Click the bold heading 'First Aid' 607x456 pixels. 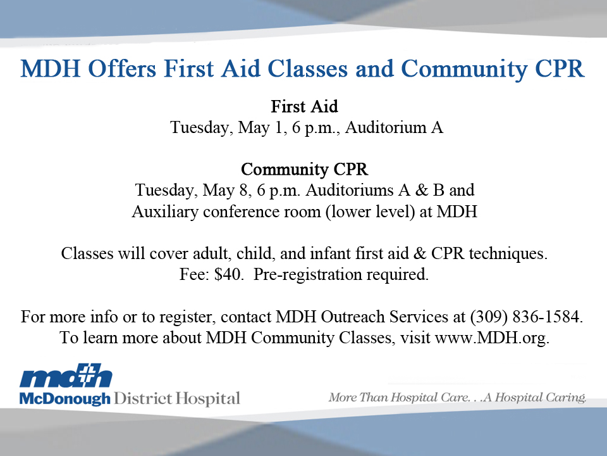pos(304,106)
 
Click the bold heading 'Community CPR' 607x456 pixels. pos(304,170)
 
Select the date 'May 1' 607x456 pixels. pos(261,127)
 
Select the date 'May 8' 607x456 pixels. pos(225,191)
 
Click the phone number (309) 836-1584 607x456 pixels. pos(526,317)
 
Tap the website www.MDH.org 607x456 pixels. pos(492,338)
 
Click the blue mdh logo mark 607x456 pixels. pos(66,376)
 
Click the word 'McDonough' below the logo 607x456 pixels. pos(64,399)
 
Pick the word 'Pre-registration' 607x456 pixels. pos(308,274)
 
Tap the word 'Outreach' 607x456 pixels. pos(353,317)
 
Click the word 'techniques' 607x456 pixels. pos(508,254)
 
